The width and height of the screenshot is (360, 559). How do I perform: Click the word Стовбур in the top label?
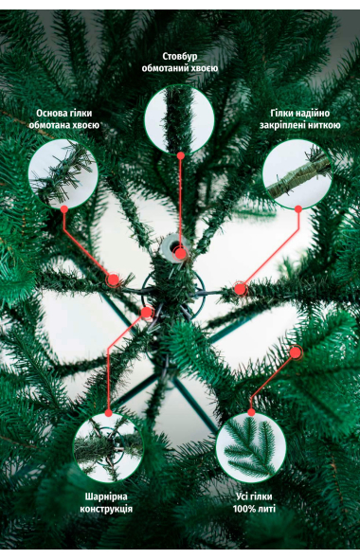click(x=180, y=57)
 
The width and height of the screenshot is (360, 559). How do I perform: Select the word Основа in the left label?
click(x=50, y=114)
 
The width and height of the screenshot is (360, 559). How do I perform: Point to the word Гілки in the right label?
click(x=282, y=114)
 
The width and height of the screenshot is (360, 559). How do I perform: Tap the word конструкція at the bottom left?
click(x=106, y=509)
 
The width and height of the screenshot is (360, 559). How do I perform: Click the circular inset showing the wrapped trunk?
click(x=179, y=119)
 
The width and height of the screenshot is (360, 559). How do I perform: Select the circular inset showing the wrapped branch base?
click(x=63, y=173)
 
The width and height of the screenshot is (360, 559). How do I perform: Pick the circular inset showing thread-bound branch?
click(x=297, y=173)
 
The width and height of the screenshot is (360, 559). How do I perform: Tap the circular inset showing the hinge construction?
click(x=108, y=447)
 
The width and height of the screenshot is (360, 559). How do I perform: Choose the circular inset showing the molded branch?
click(x=251, y=447)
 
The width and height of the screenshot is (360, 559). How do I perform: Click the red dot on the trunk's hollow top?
click(x=181, y=254)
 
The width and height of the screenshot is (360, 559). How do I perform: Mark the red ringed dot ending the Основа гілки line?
click(x=114, y=280)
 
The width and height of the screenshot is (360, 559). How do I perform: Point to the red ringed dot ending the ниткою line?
click(x=241, y=289)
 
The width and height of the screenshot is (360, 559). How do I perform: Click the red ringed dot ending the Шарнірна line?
click(x=147, y=313)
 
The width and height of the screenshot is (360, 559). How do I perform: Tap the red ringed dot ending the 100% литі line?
click(x=296, y=352)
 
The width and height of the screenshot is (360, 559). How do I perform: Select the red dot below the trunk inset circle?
click(x=181, y=155)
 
